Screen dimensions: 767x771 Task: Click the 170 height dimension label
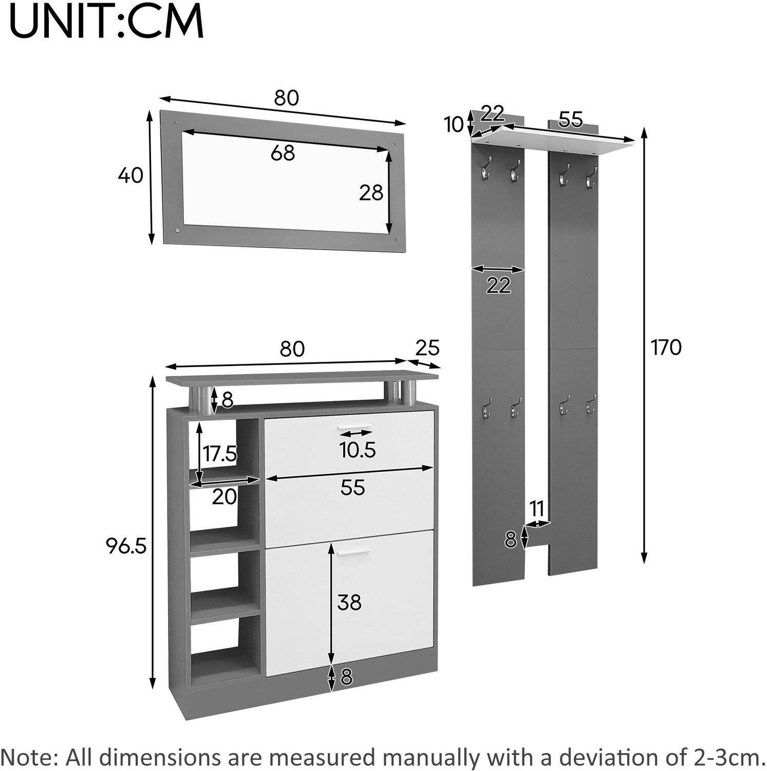[x=666, y=348]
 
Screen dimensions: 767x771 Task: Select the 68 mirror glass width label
[x=283, y=153]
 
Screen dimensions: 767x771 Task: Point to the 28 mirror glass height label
[x=371, y=193]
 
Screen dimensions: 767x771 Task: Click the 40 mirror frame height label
[x=130, y=176]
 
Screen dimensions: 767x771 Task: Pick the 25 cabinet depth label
[x=427, y=348]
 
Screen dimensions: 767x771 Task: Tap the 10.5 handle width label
[x=358, y=450]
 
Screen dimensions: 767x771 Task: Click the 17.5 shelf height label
[x=219, y=454]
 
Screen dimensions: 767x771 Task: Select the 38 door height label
[x=349, y=602]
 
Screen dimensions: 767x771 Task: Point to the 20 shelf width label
[x=225, y=497]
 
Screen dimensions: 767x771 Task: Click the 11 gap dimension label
[x=537, y=509]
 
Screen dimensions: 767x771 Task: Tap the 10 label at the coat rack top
[x=454, y=124]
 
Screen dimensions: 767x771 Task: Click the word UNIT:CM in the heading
[x=107, y=22]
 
